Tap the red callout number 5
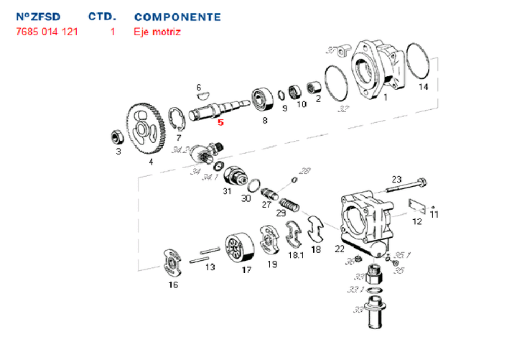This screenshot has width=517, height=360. point(221,122)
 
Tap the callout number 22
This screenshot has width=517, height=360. point(340,249)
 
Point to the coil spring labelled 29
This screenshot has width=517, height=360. point(287,198)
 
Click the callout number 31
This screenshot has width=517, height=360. point(227,191)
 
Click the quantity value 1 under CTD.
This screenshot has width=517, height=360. point(113,32)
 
